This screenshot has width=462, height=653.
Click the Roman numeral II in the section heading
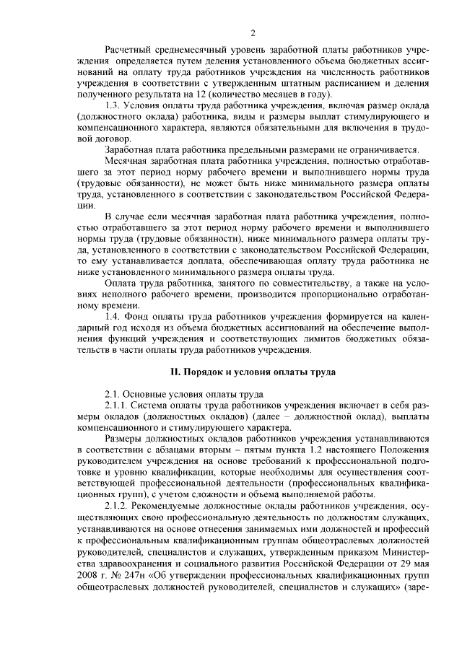[x=173, y=372]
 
